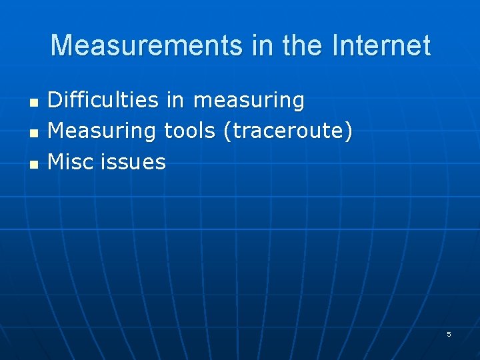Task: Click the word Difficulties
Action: coord(103,101)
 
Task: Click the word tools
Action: coord(189,131)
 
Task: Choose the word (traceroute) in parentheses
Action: coord(288,131)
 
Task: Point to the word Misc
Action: coord(71,161)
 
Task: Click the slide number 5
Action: coord(449,334)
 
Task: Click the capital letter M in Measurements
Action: coord(61,46)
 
